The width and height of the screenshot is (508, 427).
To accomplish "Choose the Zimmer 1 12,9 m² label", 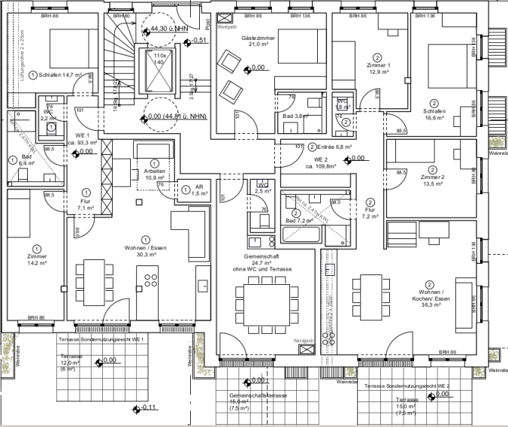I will tap(377, 68).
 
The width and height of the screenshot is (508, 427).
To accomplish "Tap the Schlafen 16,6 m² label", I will tap(434, 114).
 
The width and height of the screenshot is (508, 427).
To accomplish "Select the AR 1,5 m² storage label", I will tap(198, 190).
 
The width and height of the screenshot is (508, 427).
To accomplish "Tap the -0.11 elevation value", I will tap(147, 408).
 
